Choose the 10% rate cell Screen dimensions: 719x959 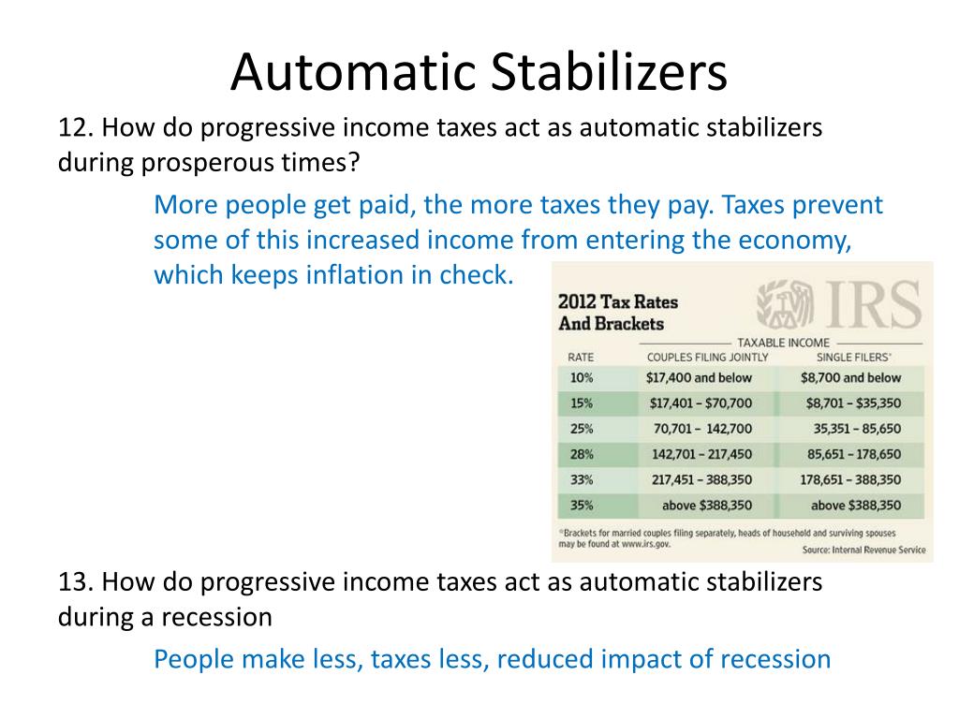click(x=581, y=378)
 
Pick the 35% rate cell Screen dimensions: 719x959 click(x=581, y=505)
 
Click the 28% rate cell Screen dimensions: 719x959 click(x=581, y=454)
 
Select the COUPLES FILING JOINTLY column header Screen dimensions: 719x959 click(x=707, y=358)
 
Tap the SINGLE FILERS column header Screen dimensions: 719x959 click(x=853, y=358)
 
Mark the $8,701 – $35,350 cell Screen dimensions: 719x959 click(x=853, y=404)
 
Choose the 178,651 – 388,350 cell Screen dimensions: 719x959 click(x=850, y=479)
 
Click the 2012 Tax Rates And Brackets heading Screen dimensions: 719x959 click(x=618, y=314)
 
